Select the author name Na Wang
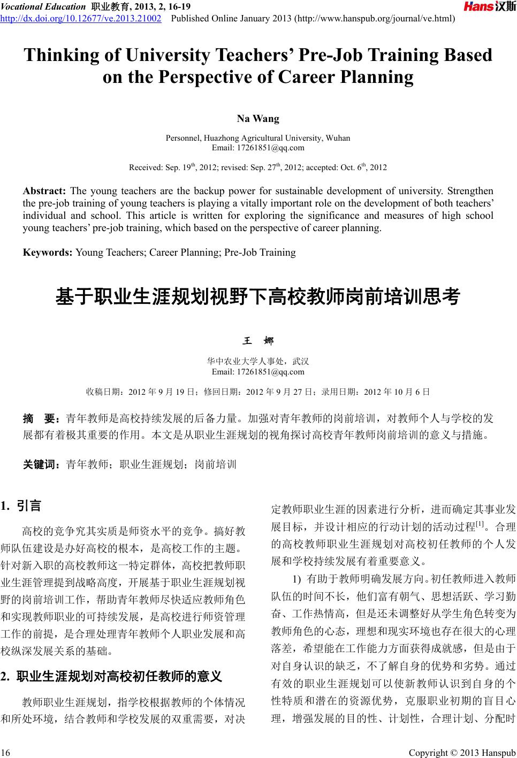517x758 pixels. [x=258, y=118]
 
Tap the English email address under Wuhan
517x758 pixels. [x=258, y=148]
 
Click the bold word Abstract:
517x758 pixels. [x=44, y=191]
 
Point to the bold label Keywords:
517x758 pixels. [x=48, y=252]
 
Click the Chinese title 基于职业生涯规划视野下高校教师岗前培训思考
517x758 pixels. [x=258, y=296]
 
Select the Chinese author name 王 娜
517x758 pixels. [x=258, y=341]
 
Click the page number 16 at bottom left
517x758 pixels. [x=6, y=753]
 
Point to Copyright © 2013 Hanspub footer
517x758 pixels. [x=461, y=753]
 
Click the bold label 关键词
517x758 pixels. [x=41, y=464]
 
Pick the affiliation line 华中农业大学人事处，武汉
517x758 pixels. [x=258, y=362]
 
